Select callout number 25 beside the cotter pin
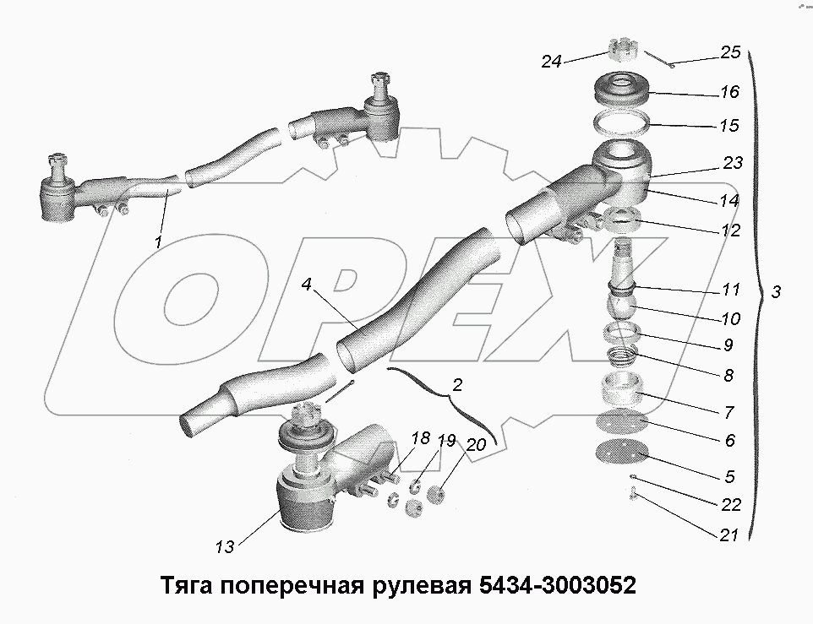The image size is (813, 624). (x=730, y=52)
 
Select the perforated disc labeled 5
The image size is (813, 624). (x=621, y=454)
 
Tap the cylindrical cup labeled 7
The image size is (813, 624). (x=621, y=391)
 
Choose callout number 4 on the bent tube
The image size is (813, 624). (x=306, y=285)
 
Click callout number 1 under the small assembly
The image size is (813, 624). (x=158, y=242)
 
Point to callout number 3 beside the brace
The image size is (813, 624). (x=776, y=292)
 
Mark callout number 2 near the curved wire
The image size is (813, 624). (x=457, y=385)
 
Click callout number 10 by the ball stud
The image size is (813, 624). (x=730, y=318)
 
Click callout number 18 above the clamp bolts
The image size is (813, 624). (x=420, y=438)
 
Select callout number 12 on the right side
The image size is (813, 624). (x=730, y=230)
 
